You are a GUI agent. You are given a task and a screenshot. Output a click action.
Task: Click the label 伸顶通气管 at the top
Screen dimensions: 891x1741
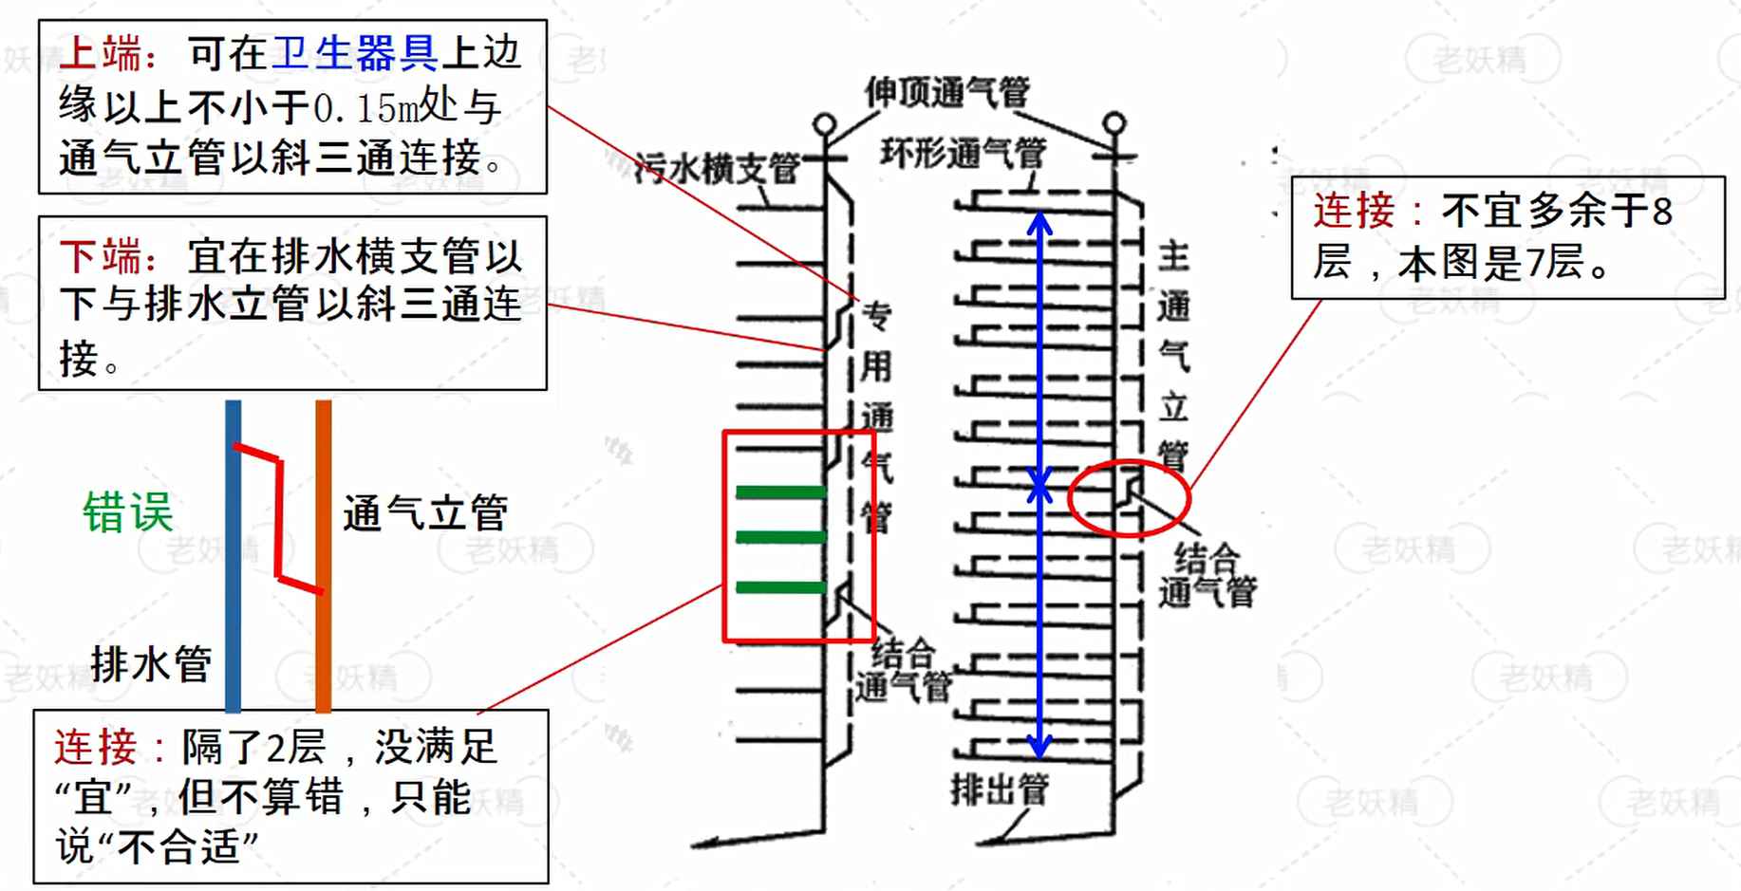(946, 92)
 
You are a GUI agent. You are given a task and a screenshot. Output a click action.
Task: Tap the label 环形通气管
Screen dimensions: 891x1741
(963, 153)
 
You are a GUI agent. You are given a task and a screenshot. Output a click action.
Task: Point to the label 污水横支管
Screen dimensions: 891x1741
(717, 169)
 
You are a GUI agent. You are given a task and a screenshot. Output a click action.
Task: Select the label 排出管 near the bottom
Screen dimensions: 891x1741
(1000, 789)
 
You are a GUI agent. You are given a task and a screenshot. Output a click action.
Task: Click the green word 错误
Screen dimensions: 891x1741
(128, 512)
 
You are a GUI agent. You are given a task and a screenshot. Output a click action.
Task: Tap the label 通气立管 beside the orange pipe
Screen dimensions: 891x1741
(424, 513)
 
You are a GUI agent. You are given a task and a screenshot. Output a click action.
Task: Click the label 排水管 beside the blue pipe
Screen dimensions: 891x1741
(151, 663)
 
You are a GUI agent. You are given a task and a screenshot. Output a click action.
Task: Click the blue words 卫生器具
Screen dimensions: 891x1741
(354, 54)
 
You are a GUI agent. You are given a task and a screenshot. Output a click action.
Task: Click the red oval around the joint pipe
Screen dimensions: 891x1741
(1129, 498)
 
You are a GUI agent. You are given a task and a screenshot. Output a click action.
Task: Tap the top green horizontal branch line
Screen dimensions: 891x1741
(780, 492)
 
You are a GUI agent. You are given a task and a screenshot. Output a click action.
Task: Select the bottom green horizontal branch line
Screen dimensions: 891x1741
(780, 587)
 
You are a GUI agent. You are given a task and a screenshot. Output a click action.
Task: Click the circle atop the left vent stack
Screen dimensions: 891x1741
(825, 124)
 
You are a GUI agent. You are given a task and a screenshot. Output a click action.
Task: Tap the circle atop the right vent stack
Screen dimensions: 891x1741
(1114, 123)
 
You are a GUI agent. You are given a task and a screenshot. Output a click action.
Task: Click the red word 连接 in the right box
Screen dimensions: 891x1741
(1354, 211)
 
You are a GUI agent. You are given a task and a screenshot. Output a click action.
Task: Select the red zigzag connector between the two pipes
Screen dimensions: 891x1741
(279, 517)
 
